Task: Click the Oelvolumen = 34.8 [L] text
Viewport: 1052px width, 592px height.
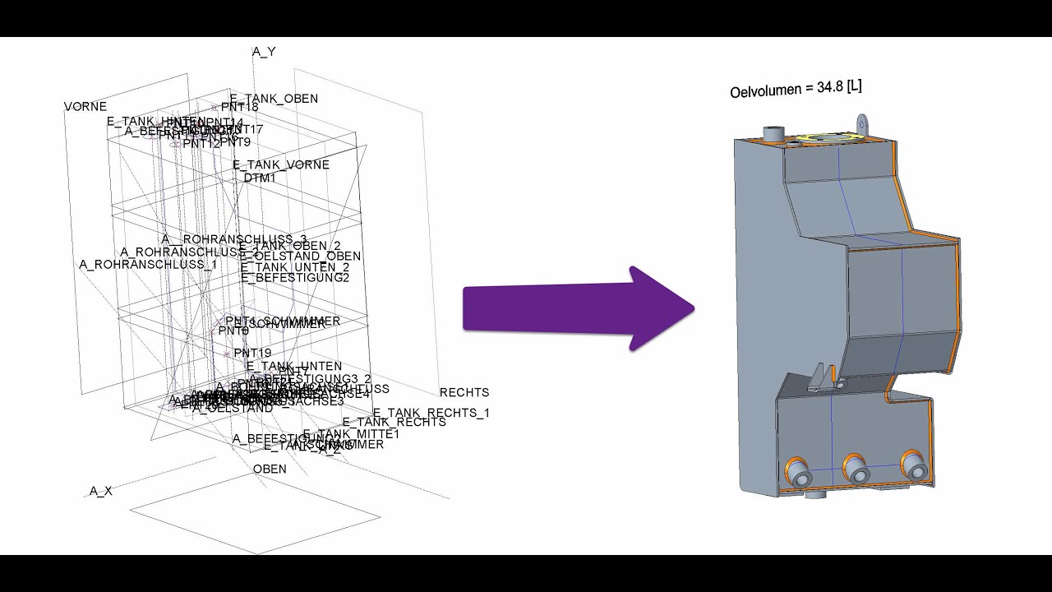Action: click(x=796, y=88)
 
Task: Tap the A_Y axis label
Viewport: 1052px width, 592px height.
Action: click(x=264, y=52)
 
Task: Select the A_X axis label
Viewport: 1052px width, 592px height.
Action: click(x=101, y=491)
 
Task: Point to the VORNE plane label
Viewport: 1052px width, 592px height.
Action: click(x=85, y=107)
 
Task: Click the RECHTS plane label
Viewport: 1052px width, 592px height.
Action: click(x=464, y=392)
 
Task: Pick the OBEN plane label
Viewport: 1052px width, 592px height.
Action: click(x=270, y=469)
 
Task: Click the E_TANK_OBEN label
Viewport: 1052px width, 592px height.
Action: click(x=274, y=99)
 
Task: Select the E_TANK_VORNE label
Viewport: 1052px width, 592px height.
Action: click(x=281, y=164)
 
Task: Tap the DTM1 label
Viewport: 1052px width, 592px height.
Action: click(x=260, y=178)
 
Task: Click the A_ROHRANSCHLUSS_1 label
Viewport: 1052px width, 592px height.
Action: click(x=148, y=264)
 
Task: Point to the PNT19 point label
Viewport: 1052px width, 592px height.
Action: click(x=252, y=353)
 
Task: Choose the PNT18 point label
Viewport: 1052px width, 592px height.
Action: click(x=239, y=107)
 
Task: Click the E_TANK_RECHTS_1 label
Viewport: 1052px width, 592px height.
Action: click(x=431, y=413)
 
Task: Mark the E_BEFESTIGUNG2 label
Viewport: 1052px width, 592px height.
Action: click(x=295, y=278)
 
